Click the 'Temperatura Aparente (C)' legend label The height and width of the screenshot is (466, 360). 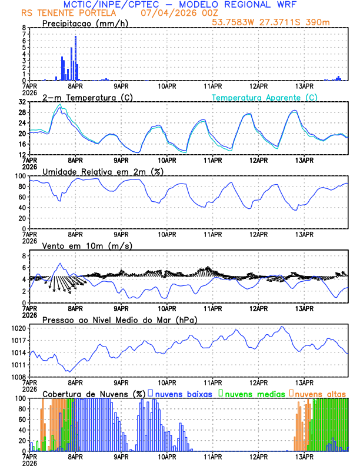click(264, 97)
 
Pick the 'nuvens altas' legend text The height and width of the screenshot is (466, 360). click(320, 393)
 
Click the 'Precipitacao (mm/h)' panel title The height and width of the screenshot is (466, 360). click(84, 24)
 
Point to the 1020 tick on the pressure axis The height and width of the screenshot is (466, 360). click(19, 328)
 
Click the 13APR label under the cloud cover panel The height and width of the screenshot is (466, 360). click(304, 456)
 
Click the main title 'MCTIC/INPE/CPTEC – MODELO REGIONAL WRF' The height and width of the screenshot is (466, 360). click(179, 4)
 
